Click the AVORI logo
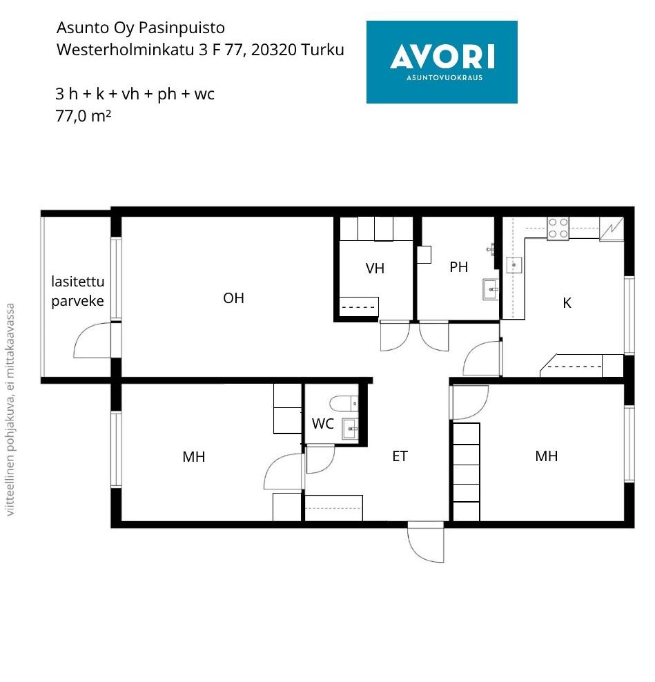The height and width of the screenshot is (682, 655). click(x=442, y=61)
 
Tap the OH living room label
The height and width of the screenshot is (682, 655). click(x=233, y=298)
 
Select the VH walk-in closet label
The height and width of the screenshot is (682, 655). click(x=375, y=269)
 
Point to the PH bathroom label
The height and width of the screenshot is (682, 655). click(x=459, y=267)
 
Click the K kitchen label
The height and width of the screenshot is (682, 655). click(x=567, y=303)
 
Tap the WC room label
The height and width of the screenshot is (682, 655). click(x=323, y=424)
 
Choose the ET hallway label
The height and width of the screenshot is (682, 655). click(x=400, y=456)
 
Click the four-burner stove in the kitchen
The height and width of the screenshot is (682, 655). click(x=558, y=228)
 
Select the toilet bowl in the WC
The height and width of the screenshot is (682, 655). click(x=344, y=403)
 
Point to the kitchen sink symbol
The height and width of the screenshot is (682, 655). click(x=514, y=265)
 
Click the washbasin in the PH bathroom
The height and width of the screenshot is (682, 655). click(x=491, y=289)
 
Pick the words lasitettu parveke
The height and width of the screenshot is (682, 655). click(x=78, y=291)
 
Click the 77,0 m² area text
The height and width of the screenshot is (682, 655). click(x=83, y=116)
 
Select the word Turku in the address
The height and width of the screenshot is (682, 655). click(x=322, y=50)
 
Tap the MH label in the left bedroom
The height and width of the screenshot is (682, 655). click(x=193, y=457)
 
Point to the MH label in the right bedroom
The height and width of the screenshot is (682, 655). click(x=546, y=456)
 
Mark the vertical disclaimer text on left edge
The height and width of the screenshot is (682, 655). click(x=10, y=410)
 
